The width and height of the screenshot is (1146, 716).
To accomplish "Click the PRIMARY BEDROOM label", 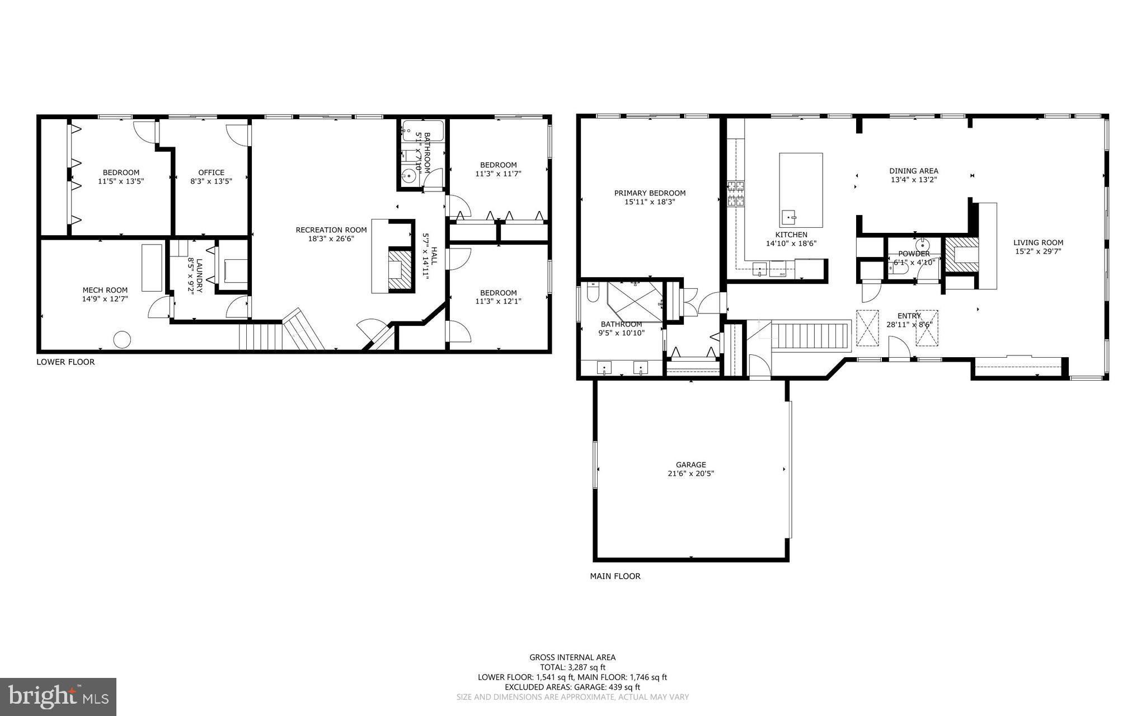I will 650,193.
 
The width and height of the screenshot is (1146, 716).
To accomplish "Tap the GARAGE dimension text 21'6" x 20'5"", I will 691,474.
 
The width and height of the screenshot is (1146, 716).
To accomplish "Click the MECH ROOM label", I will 105,290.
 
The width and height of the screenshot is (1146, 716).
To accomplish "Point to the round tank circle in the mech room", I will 122,339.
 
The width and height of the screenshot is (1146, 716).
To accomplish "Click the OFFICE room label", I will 211,172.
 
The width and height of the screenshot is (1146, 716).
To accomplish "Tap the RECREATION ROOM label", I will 331,230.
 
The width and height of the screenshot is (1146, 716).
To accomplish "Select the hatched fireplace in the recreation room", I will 401,270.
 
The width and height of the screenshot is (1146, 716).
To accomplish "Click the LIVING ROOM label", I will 1038,242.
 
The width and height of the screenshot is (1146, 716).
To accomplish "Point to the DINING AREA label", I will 914,171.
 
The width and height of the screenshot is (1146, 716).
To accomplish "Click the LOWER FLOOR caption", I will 65,362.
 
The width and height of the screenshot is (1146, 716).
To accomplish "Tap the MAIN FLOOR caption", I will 615,575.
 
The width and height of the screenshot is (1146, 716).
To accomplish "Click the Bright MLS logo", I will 58,696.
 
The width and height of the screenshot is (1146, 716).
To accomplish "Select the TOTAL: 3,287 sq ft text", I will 572,667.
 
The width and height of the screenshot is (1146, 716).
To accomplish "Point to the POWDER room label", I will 914,254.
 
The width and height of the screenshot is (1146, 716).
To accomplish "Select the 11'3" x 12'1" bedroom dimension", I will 498,302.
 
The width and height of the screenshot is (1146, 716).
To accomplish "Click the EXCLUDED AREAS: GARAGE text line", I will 572,687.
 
